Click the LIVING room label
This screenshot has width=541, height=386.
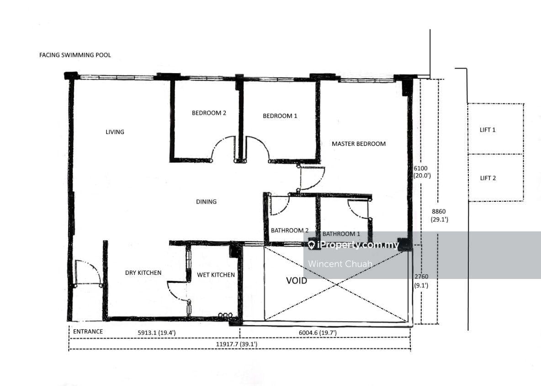(115, 132)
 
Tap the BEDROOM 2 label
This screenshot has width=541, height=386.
(209, 113)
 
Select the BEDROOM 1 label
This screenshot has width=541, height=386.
(280, 116)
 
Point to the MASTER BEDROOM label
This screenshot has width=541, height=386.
(359, 144)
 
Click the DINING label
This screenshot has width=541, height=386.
(207, 202)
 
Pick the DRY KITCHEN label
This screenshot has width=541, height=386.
(143, 273)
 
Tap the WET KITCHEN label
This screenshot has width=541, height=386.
(216, 275)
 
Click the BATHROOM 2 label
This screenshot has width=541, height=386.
(290, 231)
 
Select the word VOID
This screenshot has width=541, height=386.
(297, 280)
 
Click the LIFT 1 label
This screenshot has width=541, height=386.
(488, 130)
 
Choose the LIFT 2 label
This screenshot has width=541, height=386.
(488, 178)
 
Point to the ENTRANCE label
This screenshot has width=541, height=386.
(88, 332)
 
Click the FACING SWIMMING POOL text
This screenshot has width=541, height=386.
(75, 55)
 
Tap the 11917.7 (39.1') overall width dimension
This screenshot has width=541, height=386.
(237, 344)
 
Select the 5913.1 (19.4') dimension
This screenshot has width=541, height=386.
(157, 333)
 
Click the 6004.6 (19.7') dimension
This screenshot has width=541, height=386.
(318, 333)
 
